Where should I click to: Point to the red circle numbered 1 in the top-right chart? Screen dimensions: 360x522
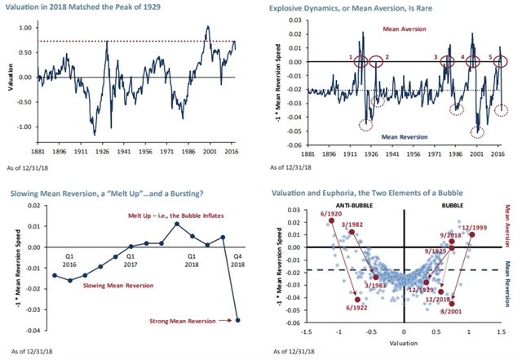pos(361,62)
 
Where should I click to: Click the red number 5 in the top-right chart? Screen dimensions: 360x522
pos(489,57)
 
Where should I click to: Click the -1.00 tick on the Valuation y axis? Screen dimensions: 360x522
pos(24,127)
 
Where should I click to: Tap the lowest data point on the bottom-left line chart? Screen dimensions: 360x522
pos(237,320)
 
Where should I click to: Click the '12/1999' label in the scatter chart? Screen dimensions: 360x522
pos(476,228)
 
